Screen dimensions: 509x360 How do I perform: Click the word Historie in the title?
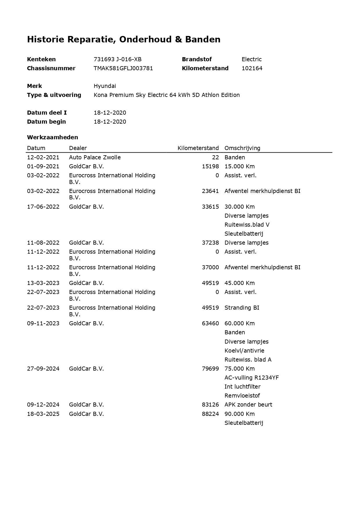tap(46, 39)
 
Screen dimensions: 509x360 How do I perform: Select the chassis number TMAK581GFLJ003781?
tap(123, 68)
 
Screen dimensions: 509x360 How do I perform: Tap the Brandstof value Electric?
tap(252, 59)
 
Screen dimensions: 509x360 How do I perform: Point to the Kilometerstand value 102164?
tap(252, 68)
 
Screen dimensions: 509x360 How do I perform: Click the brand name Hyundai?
tap(105, 86)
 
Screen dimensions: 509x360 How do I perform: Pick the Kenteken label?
tap(41, 59)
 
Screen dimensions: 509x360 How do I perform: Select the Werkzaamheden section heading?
tap(53, 137)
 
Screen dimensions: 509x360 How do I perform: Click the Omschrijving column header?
tap(242, 148)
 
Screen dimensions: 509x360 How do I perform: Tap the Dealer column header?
tap(78, 148)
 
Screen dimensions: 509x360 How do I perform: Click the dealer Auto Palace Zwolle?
tap(95, 158)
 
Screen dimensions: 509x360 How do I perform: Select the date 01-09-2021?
tap(43, 167)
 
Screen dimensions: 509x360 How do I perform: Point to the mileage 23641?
tap(210, 191)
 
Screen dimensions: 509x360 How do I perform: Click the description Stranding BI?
tap(242, 308)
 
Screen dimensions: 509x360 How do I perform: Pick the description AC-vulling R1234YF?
tap(252, 378)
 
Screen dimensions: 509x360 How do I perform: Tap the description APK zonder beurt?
tap(248, 405)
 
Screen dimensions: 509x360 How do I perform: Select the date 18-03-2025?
tap(43, 414)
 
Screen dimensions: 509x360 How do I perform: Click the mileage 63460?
tap(210, 324)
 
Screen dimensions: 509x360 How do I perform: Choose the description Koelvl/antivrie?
tap(244, 351)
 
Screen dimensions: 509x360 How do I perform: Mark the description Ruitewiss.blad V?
tap(247, 225)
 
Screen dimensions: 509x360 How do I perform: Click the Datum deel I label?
tap(47, 113)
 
